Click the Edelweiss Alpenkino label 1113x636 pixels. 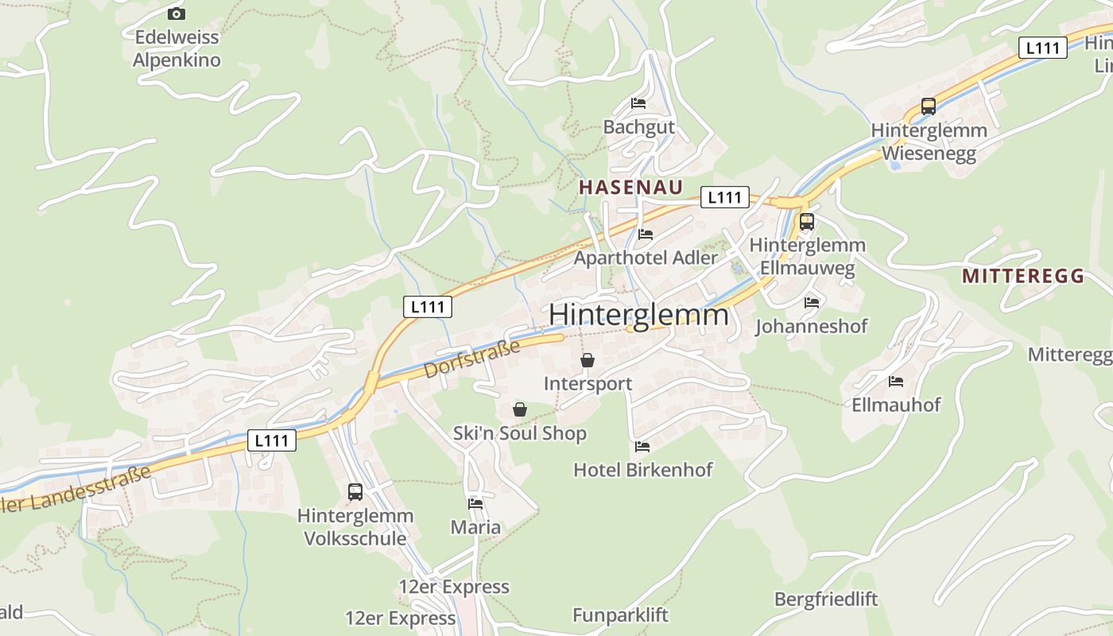176,48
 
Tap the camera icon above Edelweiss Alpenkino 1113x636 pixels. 176,14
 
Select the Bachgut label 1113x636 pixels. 639,127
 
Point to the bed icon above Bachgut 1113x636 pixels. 638,103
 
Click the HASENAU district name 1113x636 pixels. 630,188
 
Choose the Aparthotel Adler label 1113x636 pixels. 646,258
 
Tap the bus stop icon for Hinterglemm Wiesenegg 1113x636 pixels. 928,106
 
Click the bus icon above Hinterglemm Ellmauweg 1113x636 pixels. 807,222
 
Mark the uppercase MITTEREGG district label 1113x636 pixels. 1023,277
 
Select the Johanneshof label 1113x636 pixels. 811,326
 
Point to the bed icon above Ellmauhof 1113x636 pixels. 896,382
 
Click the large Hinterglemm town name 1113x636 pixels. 638,315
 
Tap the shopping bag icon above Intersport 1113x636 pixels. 588,360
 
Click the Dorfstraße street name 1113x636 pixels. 472,359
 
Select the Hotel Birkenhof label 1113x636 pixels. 643,470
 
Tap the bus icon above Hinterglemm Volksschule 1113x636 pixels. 355,492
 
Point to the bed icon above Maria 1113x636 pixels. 475,503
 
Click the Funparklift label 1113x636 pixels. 620,615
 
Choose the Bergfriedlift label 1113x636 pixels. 826,599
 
